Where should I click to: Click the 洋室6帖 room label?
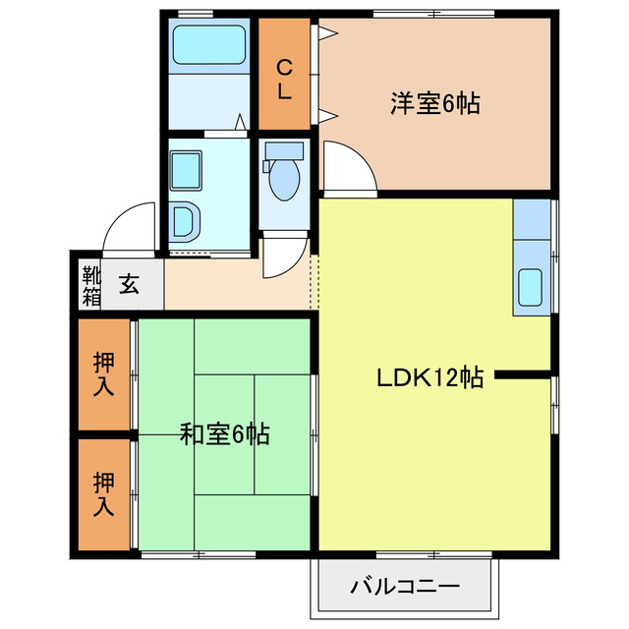coord(434,104)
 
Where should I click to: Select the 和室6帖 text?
coord(225,433)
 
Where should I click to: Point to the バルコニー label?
coord(404,589)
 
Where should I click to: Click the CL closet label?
coord(283,79)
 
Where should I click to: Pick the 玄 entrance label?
coord(129,285)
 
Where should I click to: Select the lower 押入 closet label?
coord(104,494)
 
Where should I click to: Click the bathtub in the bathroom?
coord(208,44)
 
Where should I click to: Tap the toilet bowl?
coord(283,178)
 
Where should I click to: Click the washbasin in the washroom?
coord(185,169)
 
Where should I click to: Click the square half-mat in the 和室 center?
coord(224,403)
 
